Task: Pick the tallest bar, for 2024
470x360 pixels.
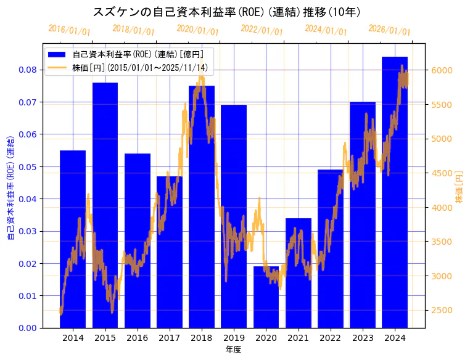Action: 395,192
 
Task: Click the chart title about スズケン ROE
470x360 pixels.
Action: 226,12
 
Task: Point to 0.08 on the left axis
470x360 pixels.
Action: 27,70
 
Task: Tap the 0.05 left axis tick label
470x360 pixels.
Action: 27,166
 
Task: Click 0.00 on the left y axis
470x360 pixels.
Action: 27,328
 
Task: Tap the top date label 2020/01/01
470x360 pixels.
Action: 197,29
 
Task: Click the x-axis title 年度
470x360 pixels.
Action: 233,350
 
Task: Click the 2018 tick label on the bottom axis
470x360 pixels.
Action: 201,338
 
